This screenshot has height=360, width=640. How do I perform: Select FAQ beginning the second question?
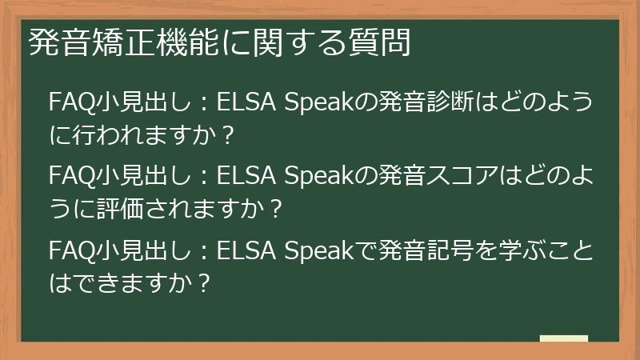click(70, 174)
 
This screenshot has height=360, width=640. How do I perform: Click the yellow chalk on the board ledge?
click(563, 338)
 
